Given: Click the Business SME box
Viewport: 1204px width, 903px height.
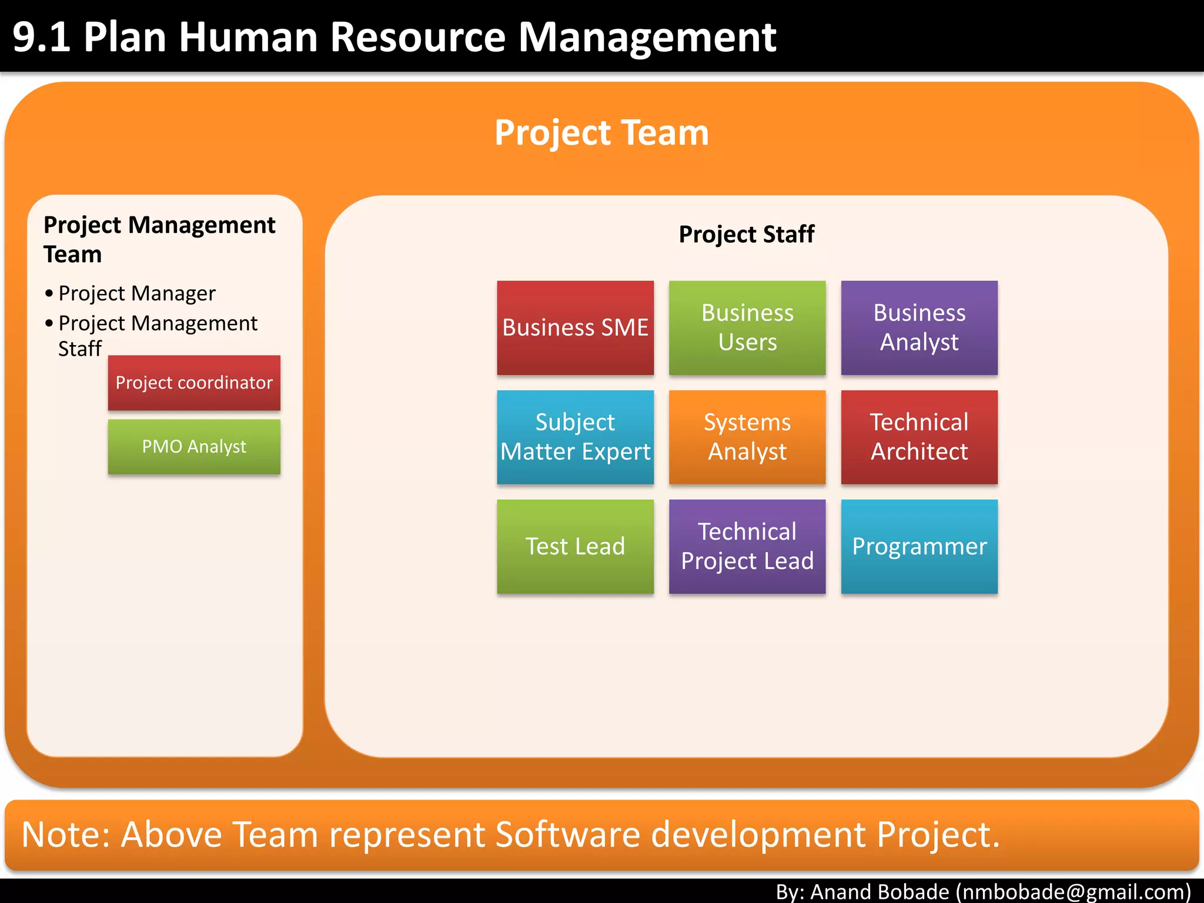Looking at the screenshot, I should click(575, 327).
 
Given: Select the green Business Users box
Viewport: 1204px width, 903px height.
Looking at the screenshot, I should click(747, 327).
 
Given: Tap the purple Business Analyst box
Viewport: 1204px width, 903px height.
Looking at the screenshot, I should click(919, 327).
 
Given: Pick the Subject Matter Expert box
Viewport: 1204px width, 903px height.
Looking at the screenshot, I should click(575, 437).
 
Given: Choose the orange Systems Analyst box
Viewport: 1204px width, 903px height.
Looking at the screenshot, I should click(747, 437).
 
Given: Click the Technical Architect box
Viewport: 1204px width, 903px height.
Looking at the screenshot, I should click(919, 437).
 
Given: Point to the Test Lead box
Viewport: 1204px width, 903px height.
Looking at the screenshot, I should click(575, 546).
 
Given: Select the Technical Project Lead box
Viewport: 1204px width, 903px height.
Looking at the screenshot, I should click(747, 546).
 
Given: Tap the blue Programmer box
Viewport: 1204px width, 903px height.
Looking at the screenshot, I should click(919, 546).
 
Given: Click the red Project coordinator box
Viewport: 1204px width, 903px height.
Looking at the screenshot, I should click(194, 383).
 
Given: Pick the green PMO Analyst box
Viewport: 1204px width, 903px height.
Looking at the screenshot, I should click(194, 447).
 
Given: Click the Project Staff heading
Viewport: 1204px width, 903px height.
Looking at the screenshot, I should click(747, 234).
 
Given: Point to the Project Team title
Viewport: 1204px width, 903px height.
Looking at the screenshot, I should click(601, 133).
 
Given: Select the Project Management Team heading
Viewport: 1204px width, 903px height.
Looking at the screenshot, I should click(159, 239).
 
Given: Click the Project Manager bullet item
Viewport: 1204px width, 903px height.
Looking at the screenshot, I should click(137, 293).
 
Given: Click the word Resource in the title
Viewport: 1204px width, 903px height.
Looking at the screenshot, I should click(417, 38).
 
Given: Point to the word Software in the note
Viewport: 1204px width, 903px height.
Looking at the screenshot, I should click(567, 834).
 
